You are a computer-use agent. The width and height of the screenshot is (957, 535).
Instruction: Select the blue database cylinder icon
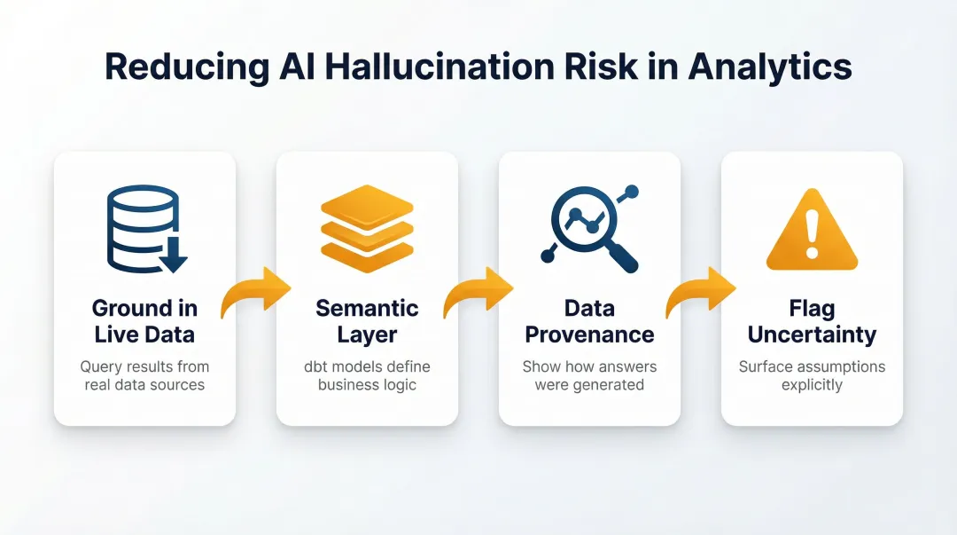(x=143, y=228)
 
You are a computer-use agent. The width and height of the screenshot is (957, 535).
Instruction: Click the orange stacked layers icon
(x=367, y=229)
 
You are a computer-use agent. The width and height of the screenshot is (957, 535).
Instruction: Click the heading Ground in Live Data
(x=144, y=321)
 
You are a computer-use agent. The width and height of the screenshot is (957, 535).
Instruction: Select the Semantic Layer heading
(x=367, y=321)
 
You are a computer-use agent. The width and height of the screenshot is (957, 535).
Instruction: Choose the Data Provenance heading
(x=589, y=321)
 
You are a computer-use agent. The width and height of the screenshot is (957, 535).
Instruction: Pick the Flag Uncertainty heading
(x=812, y=321)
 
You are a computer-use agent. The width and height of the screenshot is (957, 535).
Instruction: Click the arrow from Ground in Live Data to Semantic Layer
(x=256, y=294)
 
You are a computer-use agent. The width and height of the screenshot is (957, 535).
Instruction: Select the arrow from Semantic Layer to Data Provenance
(x=478, y=294)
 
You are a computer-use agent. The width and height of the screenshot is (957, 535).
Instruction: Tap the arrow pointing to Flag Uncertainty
(x=701, y=294)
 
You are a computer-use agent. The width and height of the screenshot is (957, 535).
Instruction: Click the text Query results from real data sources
(x=144, y=375)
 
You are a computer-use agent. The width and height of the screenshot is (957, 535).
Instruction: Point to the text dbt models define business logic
(x=367, y=375)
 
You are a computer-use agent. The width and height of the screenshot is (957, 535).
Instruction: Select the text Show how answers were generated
(x=589, y=375)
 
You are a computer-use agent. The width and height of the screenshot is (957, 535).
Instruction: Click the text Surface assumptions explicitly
(x=812, y=375)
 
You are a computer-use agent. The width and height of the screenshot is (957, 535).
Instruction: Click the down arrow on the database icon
(x=173, y=256)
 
